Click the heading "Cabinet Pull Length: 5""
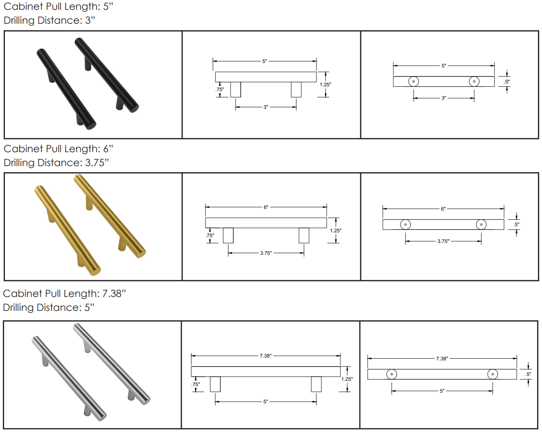[58, 7]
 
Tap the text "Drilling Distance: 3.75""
[56, 163]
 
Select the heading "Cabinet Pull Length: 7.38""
[64, 294]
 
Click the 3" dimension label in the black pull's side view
[266, 107]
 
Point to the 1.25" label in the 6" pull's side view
[336, 230]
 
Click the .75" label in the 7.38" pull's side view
[195, 385]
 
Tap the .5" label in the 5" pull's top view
[507, 82]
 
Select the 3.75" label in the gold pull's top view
[443, 241]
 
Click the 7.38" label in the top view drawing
[442, 358]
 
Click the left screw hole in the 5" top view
[413, 81]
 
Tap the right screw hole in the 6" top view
[481, 225]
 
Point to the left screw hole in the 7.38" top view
[392, 374]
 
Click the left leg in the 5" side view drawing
[235, 89]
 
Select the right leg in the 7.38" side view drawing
[316, 384]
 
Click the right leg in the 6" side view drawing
[304, 235]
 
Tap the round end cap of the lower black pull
[91, 125]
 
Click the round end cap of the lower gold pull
[96, 271]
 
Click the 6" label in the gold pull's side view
[266, 207]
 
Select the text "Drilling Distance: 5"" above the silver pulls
[49, 308]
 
